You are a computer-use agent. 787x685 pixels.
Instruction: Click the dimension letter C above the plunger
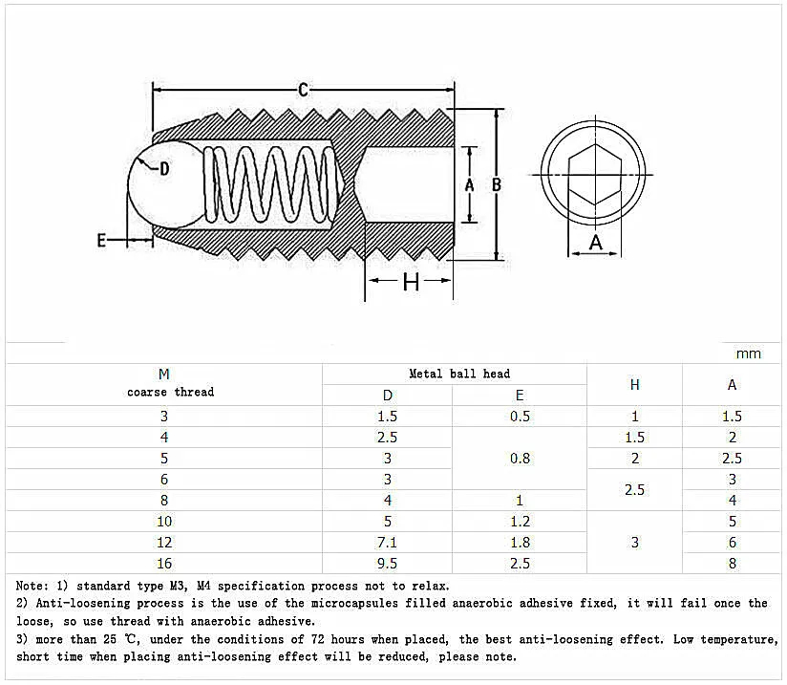pos(303,90)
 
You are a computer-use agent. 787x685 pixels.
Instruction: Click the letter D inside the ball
pos(163,169)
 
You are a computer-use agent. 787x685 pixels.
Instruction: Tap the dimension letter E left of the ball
pos(101,241)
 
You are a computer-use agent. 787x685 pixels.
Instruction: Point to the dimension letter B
pos(497,185)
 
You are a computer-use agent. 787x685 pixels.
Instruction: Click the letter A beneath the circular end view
pos(597,243)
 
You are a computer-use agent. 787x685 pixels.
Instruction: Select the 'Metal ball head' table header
pos(458,374)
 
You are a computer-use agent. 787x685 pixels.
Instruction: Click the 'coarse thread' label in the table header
pos(170,392)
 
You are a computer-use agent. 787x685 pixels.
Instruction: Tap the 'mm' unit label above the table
pos(749,353)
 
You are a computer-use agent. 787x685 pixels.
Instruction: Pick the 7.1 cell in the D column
pos(387,542)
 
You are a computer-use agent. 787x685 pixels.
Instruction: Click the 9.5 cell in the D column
pos(387,563)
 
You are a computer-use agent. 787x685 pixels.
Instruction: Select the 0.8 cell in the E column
pos(520,458)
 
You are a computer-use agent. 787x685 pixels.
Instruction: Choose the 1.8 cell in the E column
pos(520,542)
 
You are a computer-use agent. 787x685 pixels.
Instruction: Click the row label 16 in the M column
pos(163,563)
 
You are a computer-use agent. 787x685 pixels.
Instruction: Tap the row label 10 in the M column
pos(163,521)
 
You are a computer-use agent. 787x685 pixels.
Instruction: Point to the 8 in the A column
pos(732,563)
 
